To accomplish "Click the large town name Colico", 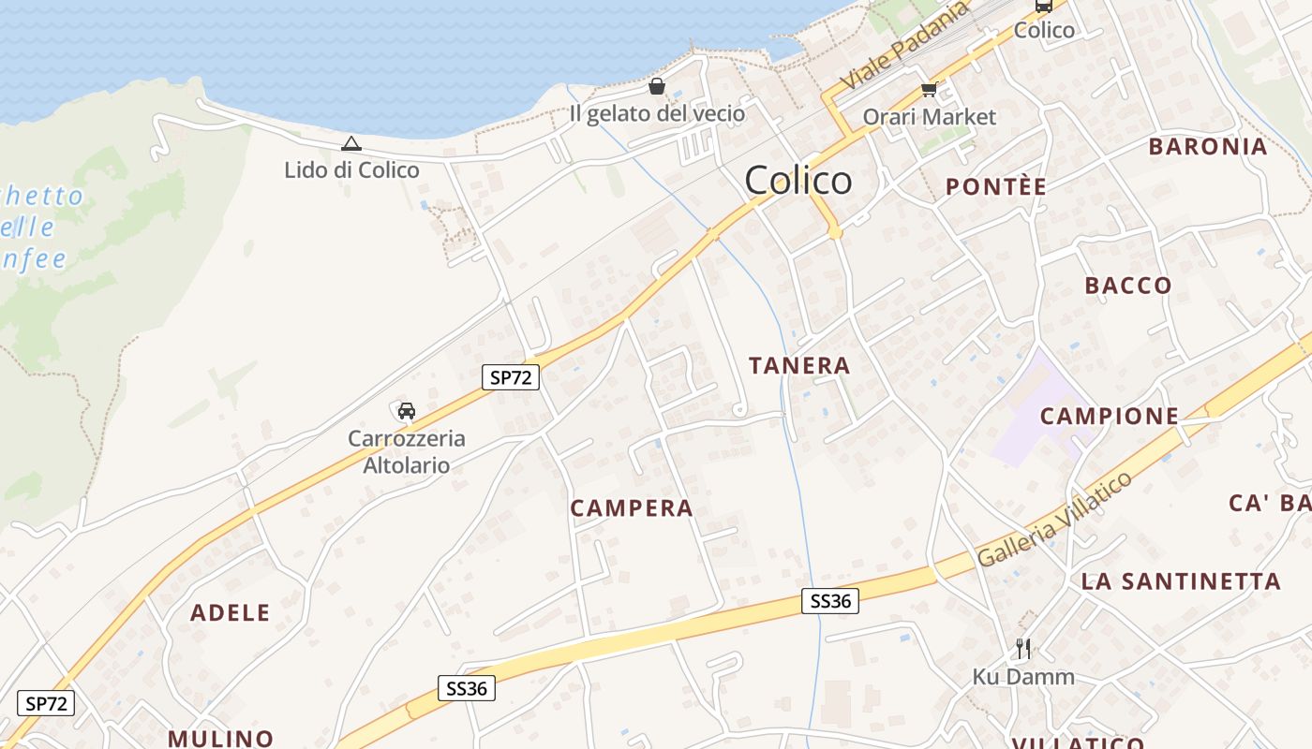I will (798, 180).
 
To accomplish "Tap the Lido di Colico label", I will (351, 170).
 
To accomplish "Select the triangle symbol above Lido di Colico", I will (350, 143).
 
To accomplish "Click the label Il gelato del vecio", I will (657, 114).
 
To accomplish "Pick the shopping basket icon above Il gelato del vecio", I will (657, 87).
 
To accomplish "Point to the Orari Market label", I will (929, 117).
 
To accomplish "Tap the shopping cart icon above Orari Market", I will (929, 90).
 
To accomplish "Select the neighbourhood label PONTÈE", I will (995, 186).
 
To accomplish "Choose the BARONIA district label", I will (1207, 147).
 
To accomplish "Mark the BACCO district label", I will (1128, 286).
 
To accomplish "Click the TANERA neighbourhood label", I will (799, 365).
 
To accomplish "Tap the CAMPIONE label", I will (1109, 416).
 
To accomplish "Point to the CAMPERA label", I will (632, 508).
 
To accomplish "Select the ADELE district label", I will (230, 613).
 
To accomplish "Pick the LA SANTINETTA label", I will (1180, 581).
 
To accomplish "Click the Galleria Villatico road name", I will (1055, 520).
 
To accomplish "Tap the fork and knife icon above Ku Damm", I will (1023, 649).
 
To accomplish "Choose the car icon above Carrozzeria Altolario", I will (406, 410).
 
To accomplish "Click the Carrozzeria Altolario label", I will (406, 451).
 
